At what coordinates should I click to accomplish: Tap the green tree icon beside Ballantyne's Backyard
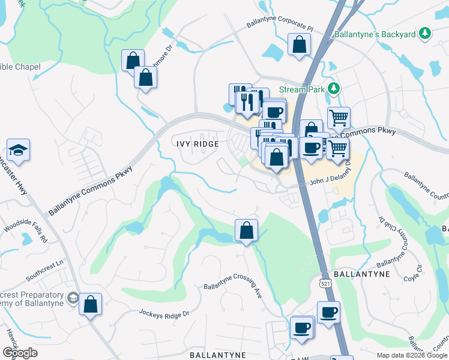coord(425,34)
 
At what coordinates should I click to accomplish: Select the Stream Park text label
coord(301,89)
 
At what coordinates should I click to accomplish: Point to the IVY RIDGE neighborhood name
coord(197,145)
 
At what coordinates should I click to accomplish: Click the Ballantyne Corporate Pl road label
coord(280,26)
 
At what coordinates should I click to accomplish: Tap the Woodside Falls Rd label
coord(25,230)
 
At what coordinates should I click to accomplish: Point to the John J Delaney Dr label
coord(329,180)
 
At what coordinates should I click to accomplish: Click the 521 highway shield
coord(325,283)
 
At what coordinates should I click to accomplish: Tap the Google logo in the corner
coord(20,353)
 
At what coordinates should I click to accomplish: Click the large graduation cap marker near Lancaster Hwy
coord(18,151)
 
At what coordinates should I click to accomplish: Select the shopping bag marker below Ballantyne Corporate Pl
coord(299,45)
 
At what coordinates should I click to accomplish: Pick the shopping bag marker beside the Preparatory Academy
coord(90,304)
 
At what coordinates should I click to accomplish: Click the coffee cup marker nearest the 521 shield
coord(328,313)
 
